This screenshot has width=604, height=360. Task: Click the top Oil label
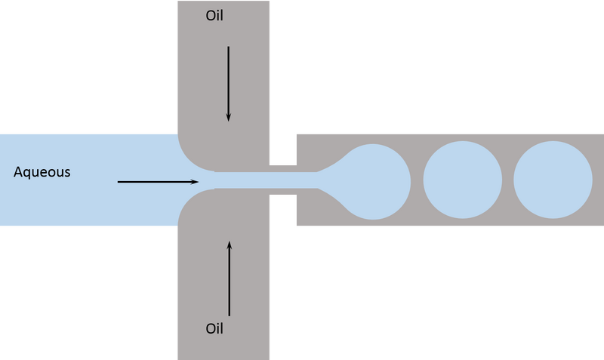[215, 16]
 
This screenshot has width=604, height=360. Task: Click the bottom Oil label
[215, 329]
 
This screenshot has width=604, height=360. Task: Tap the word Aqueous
[42, 172]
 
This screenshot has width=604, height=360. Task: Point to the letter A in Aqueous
[18, 172]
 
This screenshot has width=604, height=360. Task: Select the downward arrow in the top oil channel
[228, 83]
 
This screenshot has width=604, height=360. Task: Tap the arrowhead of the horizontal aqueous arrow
[194, 182]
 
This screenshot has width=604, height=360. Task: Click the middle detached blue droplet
[462, 180]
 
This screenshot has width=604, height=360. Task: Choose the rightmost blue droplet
[553, 180]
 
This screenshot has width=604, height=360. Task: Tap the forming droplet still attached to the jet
[373, 181]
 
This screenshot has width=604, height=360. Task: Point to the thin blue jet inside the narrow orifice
[282, 180]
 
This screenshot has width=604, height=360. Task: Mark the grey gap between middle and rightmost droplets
[507, 180]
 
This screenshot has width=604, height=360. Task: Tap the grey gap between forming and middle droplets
[417, 180]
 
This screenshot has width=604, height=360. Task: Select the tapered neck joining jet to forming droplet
[328, 180]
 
